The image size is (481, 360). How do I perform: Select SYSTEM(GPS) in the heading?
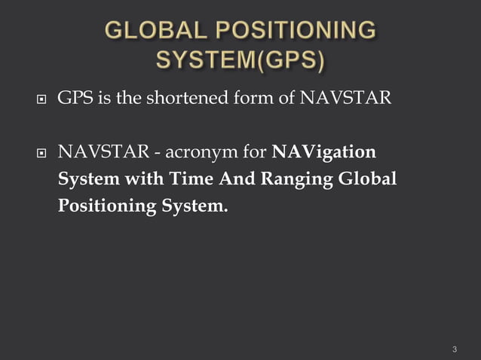240,59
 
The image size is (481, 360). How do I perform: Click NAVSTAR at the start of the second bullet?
103,153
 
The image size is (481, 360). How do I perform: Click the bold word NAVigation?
323,154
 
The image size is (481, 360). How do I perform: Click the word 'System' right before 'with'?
85,180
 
